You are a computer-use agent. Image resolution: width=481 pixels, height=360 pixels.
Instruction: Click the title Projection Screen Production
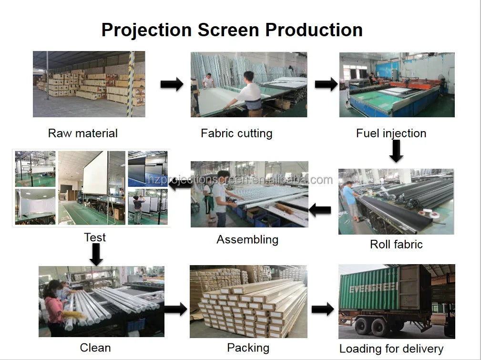pyautogui.click(x=232, y=30)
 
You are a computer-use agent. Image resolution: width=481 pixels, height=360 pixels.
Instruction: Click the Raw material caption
pyautogui.click(x=82, y=133)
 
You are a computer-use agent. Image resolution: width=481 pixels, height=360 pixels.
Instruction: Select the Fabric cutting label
pyautogui.click(x=236, y=133)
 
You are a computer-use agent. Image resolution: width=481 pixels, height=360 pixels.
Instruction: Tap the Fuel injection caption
pyautogui.click(x=391, y=133)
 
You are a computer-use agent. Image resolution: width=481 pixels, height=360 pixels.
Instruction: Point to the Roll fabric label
pyautogui.click(x=396, y=245)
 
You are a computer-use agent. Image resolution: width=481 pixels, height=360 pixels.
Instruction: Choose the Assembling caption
pyautogui.click(x=247, y=239)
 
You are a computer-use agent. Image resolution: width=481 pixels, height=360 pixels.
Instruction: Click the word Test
pyautogui.click(x=95, y=237)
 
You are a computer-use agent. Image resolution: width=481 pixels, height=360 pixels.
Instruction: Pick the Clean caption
pyautogui.click(x=95, y=348)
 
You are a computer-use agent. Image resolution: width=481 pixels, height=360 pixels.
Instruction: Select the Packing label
pyautogui.click(x=248, y=348)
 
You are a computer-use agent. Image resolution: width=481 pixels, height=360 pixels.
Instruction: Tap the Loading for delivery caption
pyautogui.click(x=391, y=349)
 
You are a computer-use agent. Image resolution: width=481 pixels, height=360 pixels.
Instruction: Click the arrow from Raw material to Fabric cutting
pyautogui.click(x=172, y=85)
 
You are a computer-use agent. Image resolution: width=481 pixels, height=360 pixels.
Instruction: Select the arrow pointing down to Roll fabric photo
pyautogui.click(x=396, y=151)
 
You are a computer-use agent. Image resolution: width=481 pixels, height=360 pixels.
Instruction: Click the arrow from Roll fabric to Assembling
pyautogui.click(x=320, y=209)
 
